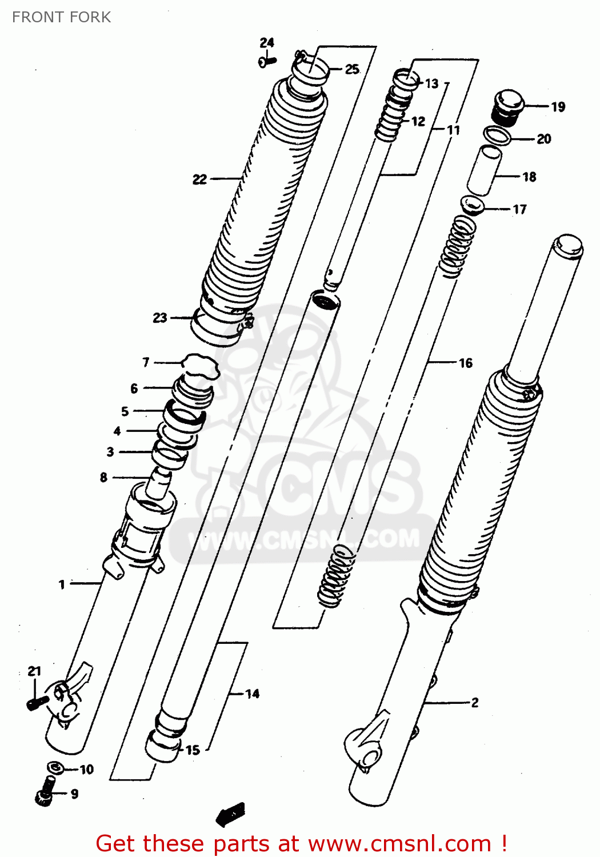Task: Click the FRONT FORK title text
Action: pos(61,17)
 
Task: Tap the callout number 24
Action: pos(267,42)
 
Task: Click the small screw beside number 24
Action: pos(267,61)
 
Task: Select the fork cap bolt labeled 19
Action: pos(507,107)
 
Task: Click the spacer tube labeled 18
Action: pos(484,170)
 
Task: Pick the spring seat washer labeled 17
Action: pos(472,205)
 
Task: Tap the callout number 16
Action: pos(466,363)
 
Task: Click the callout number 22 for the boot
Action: pos(199,179)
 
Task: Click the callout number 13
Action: pos(431,83)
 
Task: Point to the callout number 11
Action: pos(453,130)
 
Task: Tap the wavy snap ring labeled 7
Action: pos(200,366)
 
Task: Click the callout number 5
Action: pos(125,411)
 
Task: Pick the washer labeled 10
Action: pos(54,767)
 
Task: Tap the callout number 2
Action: pos(474,703)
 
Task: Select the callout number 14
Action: pos(252,694)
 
